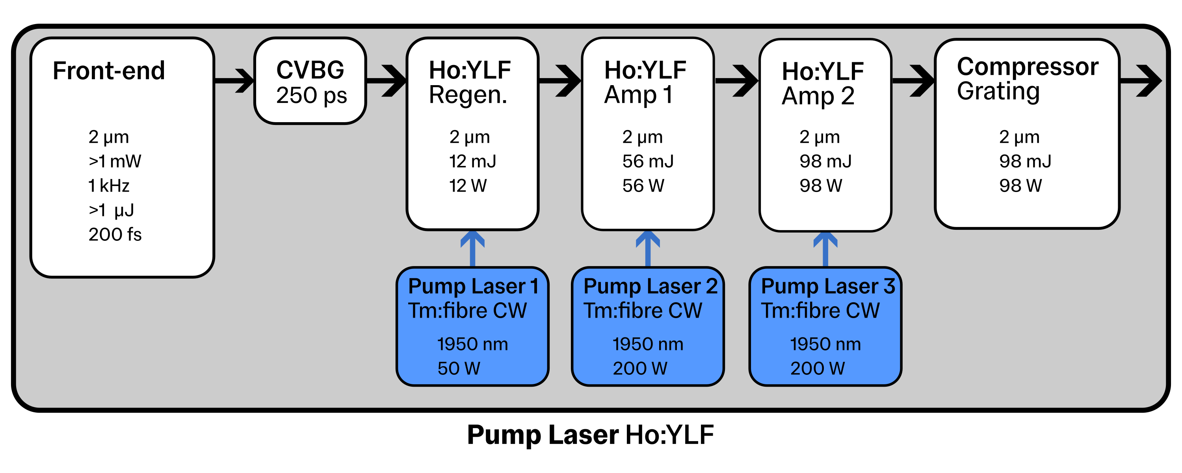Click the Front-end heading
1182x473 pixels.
tap(109, 71)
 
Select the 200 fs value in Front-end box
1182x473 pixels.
tap(115, 235)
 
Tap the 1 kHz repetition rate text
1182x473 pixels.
tap(109, 186)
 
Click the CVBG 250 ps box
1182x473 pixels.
tap(310, 82)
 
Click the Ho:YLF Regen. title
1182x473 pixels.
tap(469, 83)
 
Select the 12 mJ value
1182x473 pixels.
tap(472, 162)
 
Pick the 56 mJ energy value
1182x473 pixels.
tap(647, 162)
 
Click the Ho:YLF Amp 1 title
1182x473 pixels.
tap(645, 83)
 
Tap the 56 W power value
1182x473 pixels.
tap(643, 186)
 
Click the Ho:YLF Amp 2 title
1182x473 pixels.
tap(822, 84)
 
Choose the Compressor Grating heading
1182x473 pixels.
tap(1027, 79)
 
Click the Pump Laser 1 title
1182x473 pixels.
tap(473, 287)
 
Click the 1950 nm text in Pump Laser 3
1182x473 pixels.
tap(825, 345)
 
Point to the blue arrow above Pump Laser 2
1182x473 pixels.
tap(648, 248)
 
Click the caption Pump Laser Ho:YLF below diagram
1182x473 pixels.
tap(591, 435)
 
